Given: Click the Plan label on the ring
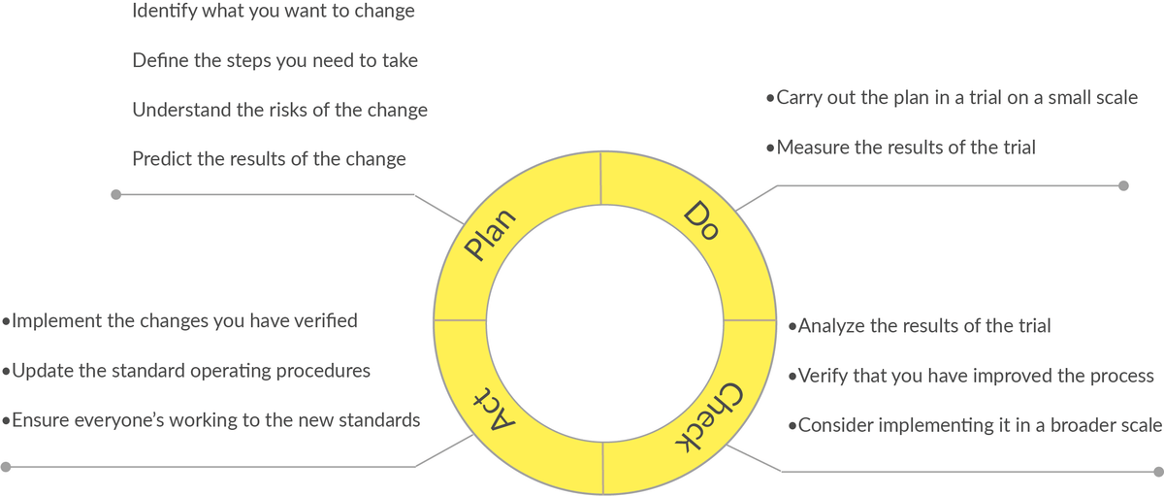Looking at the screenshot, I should click(489, 238).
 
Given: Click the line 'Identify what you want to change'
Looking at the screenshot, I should click(273, 13).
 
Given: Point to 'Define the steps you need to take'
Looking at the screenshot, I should click(275, 61).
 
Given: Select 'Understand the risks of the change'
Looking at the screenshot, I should click(279, 110).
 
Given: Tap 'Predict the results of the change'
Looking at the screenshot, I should click(269, 158).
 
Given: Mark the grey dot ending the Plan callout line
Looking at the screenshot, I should click(115, 194).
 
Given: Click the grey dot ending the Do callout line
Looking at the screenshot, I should click(1123, 184).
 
